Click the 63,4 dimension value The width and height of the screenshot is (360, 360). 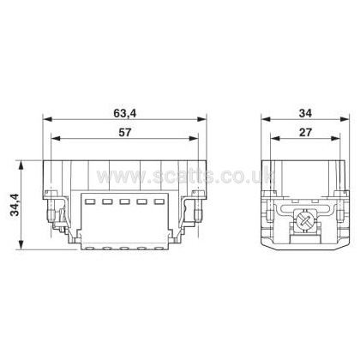[125, 113]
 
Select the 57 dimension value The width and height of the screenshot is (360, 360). [125, 132]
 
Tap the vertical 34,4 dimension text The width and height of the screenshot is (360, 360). [15, 205]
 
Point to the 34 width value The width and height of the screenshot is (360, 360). [305, 113]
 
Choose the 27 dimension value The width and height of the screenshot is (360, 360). [305, 132]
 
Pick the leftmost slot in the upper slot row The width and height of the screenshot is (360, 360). [91, 201]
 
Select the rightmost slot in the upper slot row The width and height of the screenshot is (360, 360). [159, 201]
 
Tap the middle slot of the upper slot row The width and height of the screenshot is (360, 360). [125, 201]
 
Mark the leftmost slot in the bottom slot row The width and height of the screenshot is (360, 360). [91, 248]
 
